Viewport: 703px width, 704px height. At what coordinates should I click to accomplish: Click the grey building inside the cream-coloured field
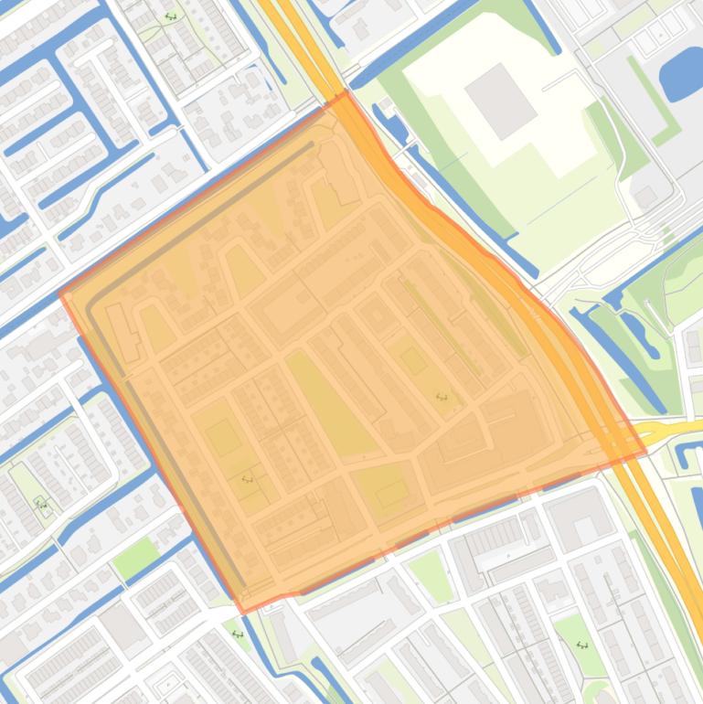500,101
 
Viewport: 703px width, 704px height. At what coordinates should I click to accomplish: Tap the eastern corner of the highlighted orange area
645,452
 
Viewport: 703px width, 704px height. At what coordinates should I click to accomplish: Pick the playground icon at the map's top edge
170,16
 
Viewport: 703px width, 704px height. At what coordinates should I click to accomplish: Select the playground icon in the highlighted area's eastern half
442,397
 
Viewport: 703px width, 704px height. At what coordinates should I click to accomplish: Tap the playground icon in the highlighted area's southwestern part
247,478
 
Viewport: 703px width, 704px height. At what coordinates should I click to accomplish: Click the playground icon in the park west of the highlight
40,503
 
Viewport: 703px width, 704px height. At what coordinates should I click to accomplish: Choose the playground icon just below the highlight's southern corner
239,634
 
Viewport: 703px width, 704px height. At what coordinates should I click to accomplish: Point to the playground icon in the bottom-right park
582,645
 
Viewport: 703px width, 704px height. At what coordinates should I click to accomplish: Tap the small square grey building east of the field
645,196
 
